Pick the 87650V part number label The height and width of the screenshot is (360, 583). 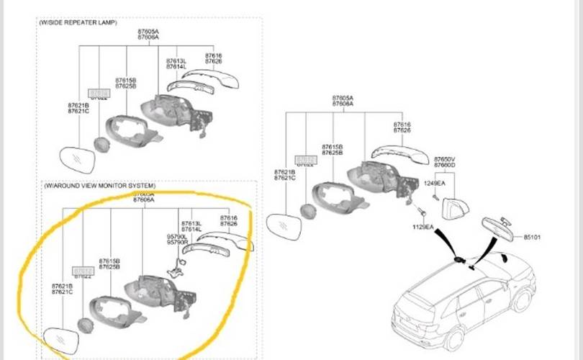point(444,158)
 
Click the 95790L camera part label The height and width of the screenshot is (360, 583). point(177,236)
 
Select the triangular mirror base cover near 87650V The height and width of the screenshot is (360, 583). point(456,208)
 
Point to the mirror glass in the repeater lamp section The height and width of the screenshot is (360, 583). point(77,159)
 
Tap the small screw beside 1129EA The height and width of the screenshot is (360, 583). point(423,215)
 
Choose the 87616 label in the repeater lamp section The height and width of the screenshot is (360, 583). point(214,55)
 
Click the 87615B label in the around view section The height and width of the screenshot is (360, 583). point(109,261)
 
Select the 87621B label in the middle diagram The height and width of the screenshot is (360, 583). point(284,172)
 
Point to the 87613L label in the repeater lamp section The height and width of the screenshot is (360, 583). point(176,61)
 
